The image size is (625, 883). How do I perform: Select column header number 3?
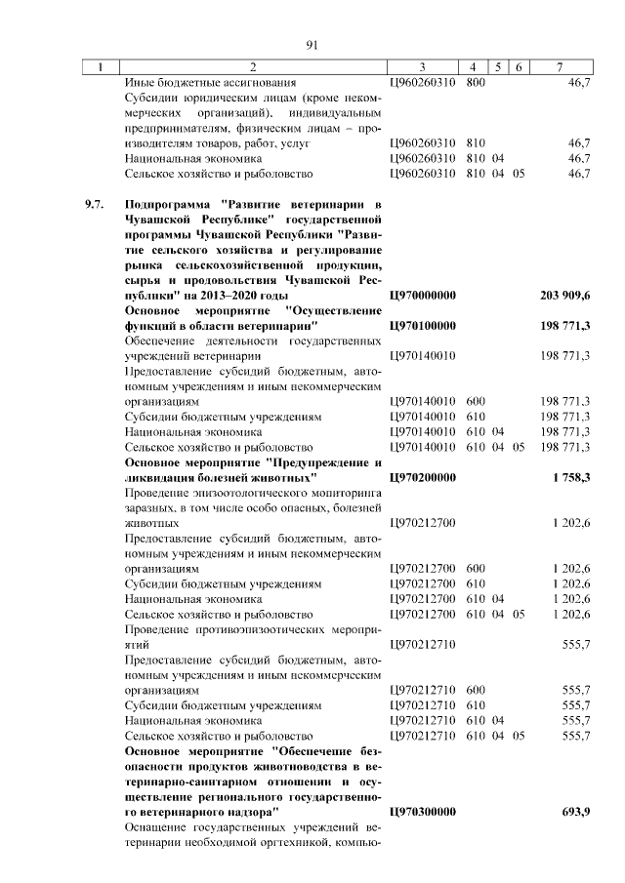pos(422,67)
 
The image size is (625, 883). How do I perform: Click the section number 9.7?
pos(93,204)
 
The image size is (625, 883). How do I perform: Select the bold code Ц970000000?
pos(424,294)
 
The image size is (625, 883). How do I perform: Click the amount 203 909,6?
pos(564,294)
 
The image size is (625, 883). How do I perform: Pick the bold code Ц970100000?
pos(424,324)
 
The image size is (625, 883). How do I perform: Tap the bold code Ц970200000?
pos(424,477)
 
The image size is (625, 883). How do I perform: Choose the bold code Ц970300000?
pos(424,811)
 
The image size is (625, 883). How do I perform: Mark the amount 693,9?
pos(574,811)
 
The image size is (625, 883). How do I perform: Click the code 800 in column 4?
pos(476,83)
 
